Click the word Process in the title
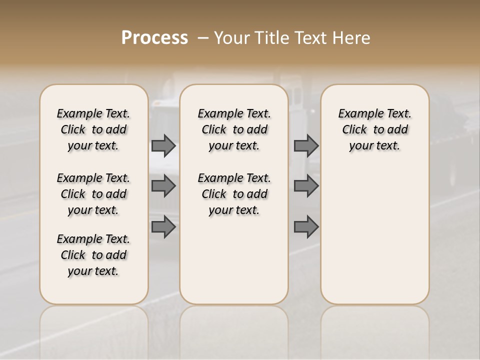coord(154,37)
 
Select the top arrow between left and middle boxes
coord(163,145)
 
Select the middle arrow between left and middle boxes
coord(163,186)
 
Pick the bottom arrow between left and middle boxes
coord(163,226)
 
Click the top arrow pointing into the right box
coord(306,145)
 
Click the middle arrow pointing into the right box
coord(306,186)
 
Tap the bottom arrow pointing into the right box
coord(306,226)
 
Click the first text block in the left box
coord(93,129)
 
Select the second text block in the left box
coord(93,194)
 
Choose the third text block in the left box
coord(93,255)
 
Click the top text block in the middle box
coord(234,129)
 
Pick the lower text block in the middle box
coord(234,194)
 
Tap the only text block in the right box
coord(374,129)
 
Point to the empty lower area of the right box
coord(374,235)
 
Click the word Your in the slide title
coord(230,37)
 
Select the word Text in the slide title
coord(310,37)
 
